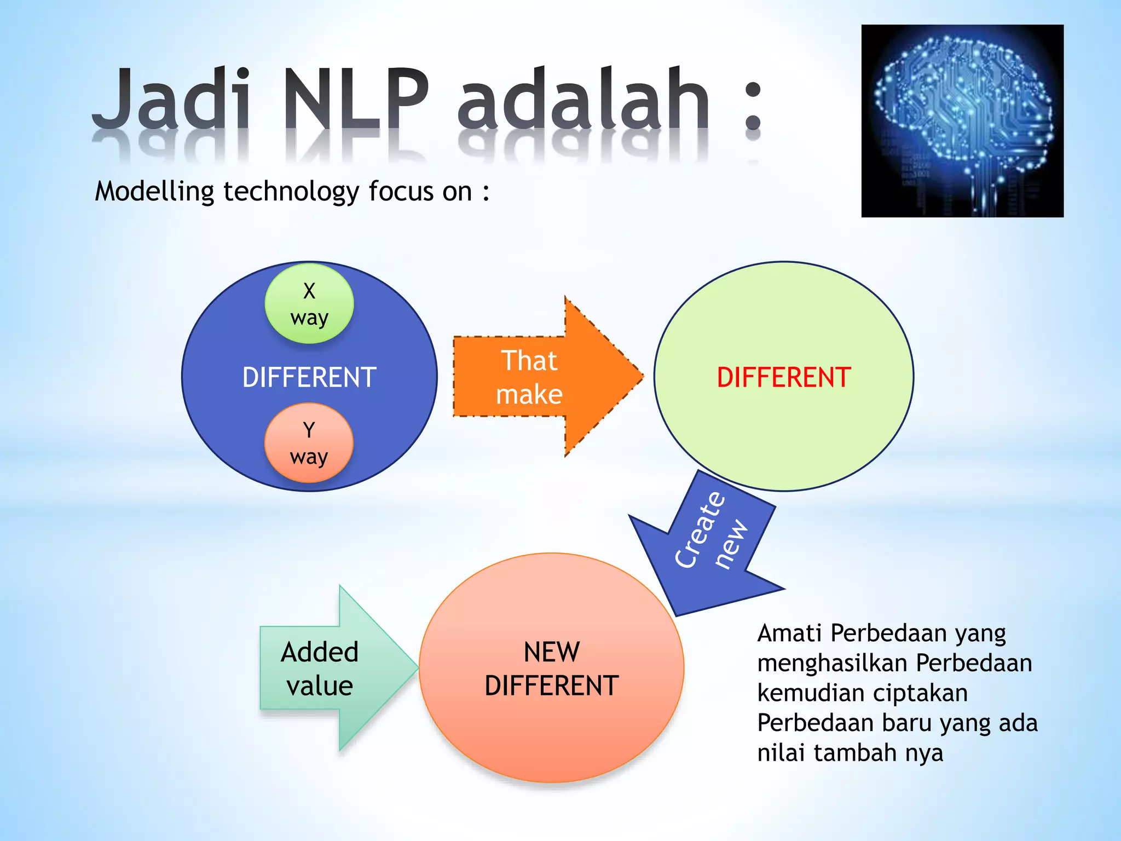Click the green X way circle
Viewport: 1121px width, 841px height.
pyautogui.click(x=309, y=304)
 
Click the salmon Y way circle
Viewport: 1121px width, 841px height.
pyautogui.click(x=309, y=443)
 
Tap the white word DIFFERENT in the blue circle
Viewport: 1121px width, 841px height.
pyautogui.click(x=309, y=378)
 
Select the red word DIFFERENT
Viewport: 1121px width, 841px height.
pyautogui.click(x=783, y=378)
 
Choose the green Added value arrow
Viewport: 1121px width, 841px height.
pyautogui.click(x=328, y=669)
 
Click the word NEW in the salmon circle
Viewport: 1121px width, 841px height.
pyautogui.click(x=551, y=652)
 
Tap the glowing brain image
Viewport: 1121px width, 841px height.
pyautogui.click(x=962, y=121)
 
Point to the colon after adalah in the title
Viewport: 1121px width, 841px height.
pyautogui.click(x=753, y=107)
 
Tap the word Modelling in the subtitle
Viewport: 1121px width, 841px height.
pyautogui.click(x=154, y=192)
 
